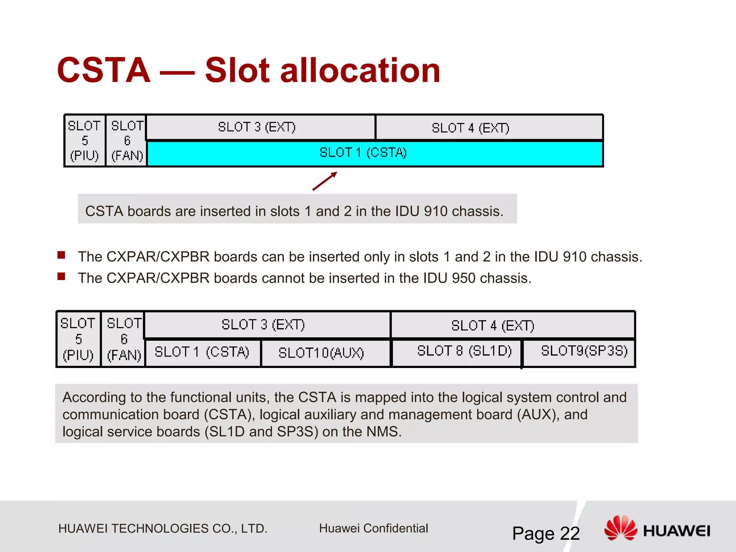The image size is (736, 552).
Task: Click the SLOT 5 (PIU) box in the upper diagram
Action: (x=85, y=141)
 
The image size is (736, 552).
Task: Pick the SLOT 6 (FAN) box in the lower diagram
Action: (x=123, y=339)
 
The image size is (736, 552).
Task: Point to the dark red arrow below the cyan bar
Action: (x=325, y=181)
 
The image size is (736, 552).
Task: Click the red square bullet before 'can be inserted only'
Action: (x=61, y=255)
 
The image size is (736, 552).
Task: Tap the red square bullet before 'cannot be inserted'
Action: (x=61, y=276)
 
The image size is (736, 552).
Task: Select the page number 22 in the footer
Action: (x=570, y=533)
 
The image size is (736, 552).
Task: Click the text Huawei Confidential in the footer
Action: (x=373, y=528)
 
